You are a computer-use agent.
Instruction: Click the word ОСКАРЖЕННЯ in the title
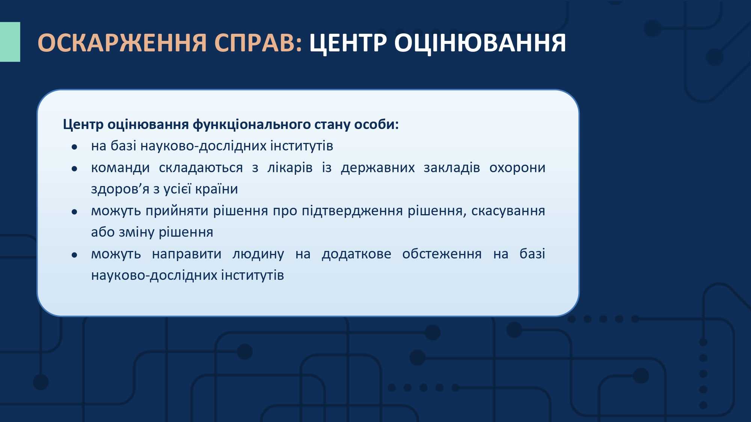click(x=122, y=42)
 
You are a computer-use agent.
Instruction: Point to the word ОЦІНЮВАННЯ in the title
click(x=480, y=43)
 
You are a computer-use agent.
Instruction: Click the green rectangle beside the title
click(x=10, y=42)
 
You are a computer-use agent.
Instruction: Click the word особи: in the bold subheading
click(x=377, y=125)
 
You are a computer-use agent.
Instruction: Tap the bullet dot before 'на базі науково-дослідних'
click(x=74, y=147)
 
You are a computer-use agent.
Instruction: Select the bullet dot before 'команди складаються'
click(x=74, y=169)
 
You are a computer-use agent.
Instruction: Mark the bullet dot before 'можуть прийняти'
click(x=74, y=212)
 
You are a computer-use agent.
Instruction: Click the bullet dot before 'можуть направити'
click(x=74, y=255)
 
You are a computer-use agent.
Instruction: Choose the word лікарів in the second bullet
click(x=290, y=168)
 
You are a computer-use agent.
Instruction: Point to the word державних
click(x=378, y=168)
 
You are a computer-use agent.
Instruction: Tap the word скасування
click(x=508, y=211)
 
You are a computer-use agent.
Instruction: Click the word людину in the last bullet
click(x=258, y=254)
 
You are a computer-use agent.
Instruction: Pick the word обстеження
click(x=442, y=254)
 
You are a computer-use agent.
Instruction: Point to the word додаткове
click(x=356, y=254)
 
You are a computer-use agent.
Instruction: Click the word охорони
click(x=517, y=168)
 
